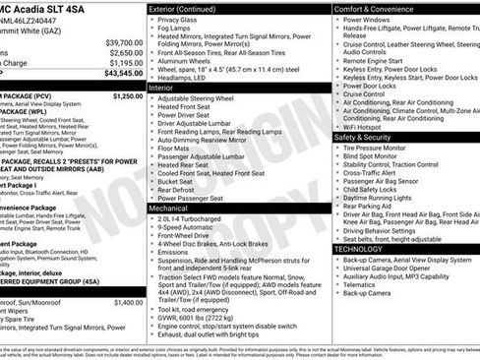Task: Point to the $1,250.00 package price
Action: pos(127,96)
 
